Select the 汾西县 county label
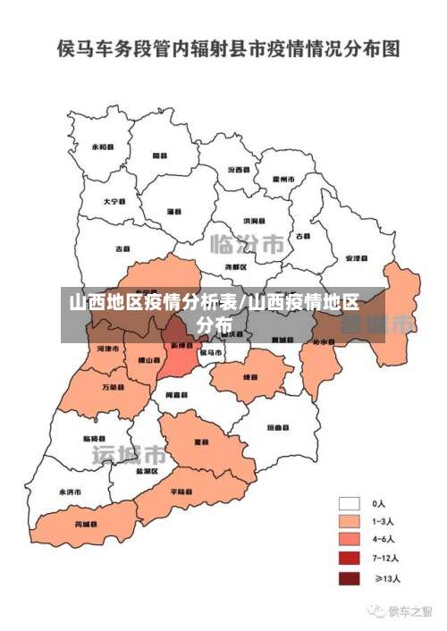tap(239, 169)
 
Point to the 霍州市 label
tap(284, 179)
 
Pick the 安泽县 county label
tap(355, 258)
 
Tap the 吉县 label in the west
tap(122, 248)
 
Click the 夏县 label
tap(203, 442)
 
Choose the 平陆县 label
tap(181, 492)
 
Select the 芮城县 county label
tap(86, 524)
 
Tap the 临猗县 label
tap(94, 438)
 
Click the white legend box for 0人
tap(350, 503)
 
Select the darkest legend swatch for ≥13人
tap(350, 578)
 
